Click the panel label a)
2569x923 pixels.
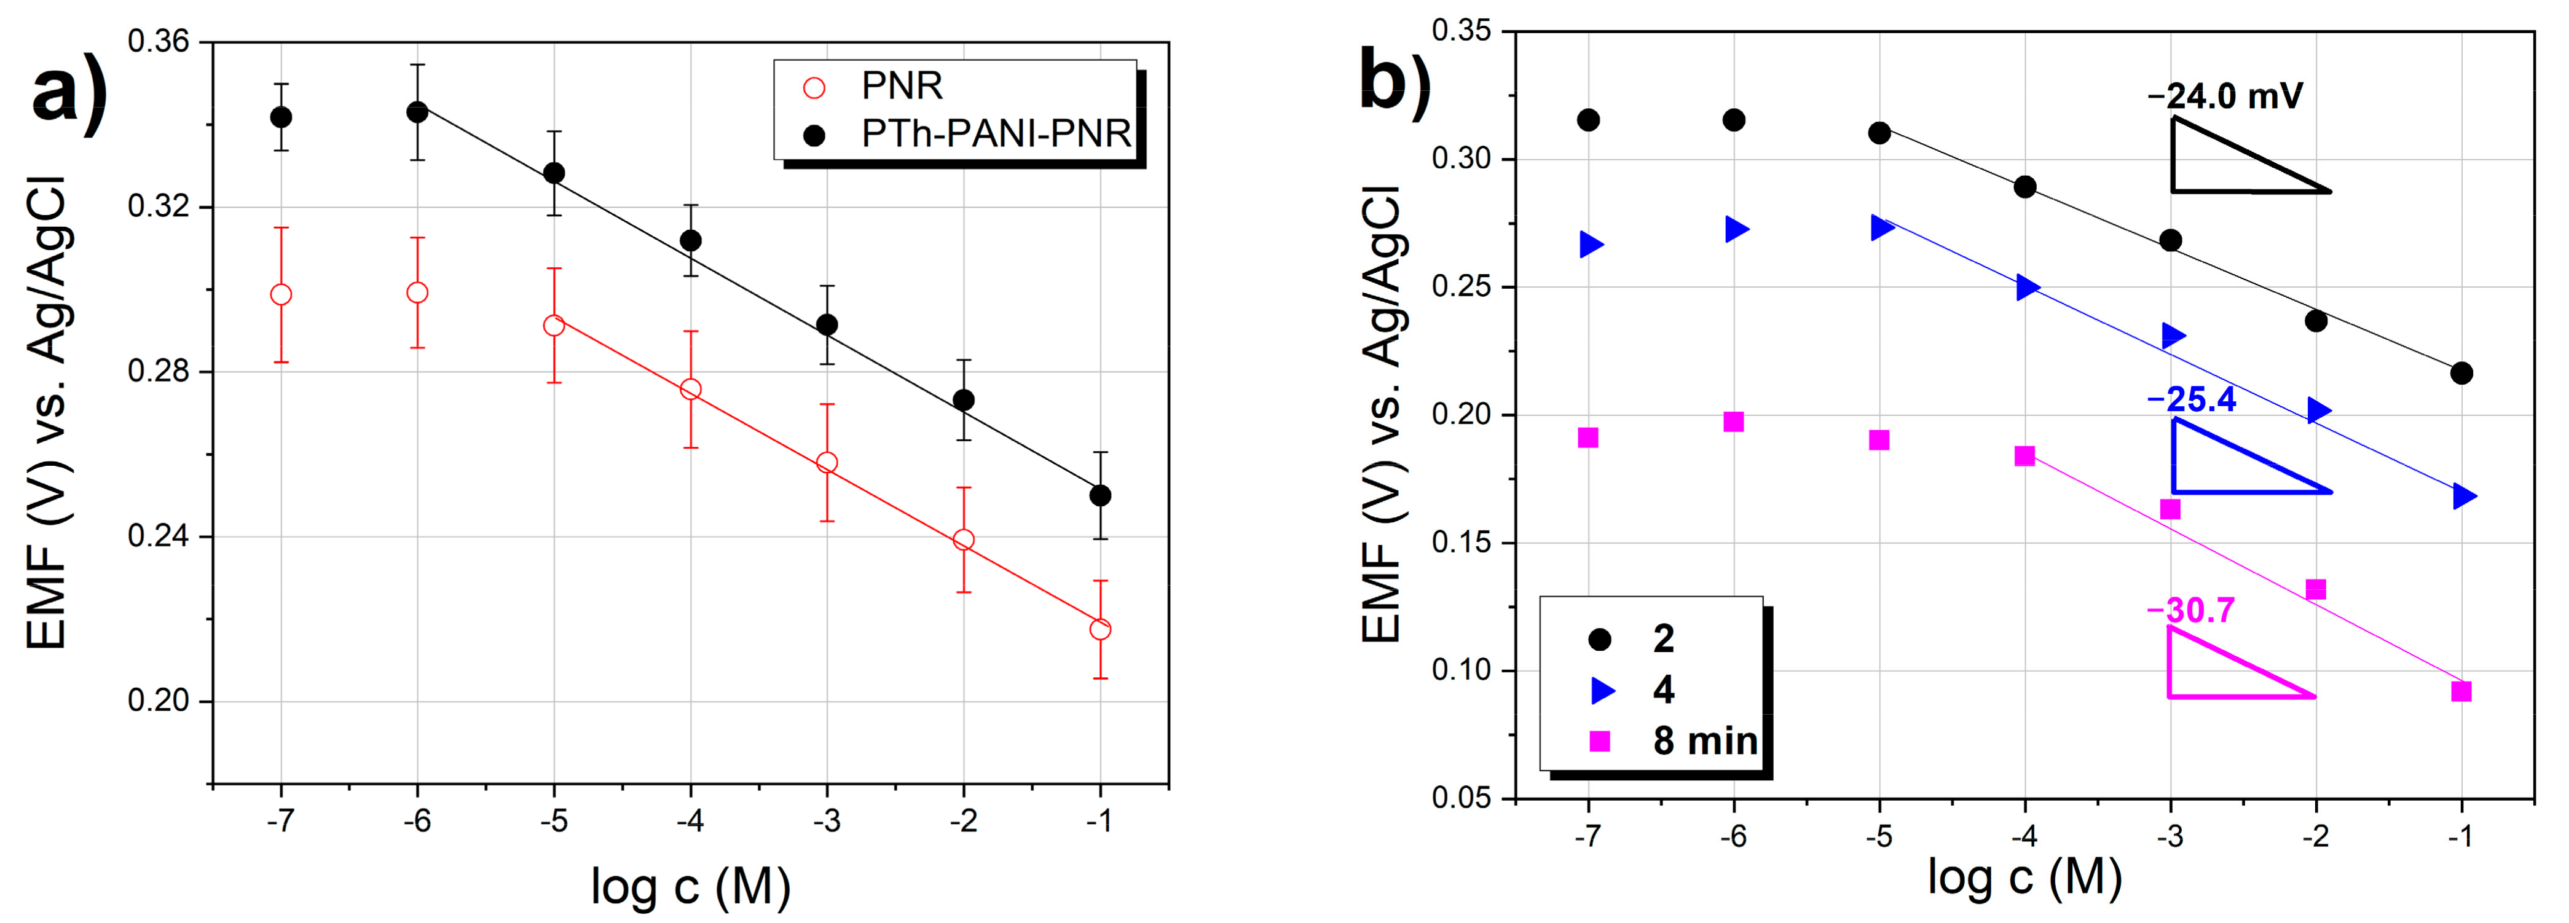[70, 95]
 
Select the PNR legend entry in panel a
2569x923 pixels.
[900, 87]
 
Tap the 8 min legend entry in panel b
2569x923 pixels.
[1704, 740]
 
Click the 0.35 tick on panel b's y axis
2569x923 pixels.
[1461, 31]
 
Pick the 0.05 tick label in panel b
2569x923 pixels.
[1461, 798]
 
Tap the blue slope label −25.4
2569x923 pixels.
[2191, 399]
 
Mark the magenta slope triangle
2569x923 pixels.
[2224, 673]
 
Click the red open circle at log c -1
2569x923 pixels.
[1100, 629]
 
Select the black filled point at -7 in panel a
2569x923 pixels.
[281, 117]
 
